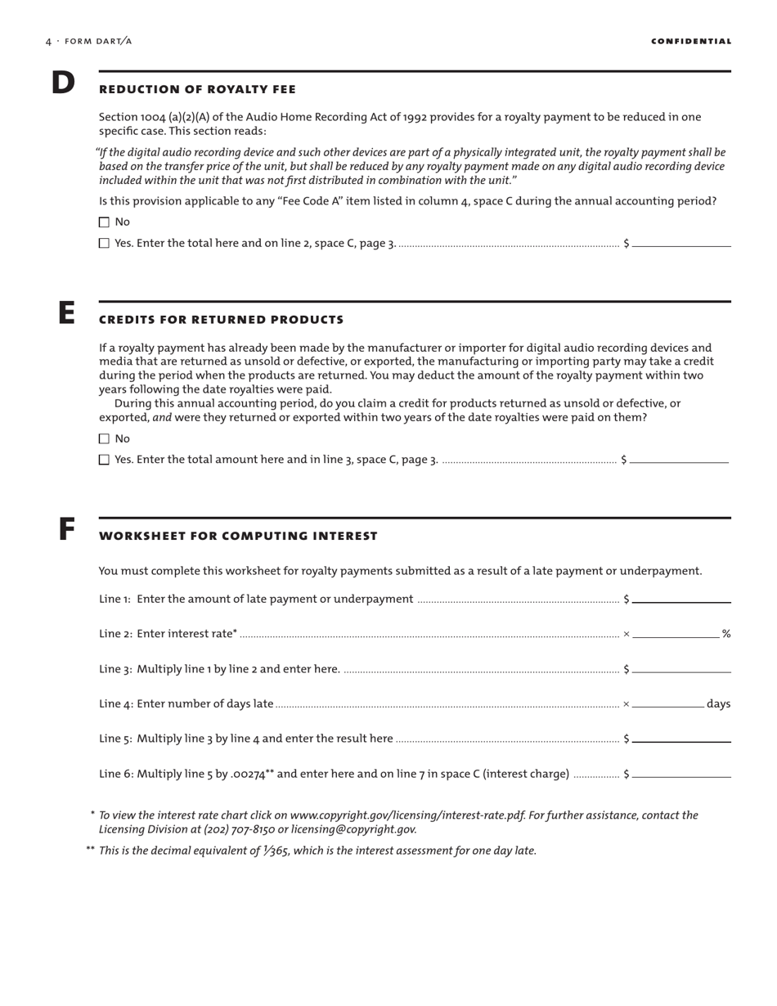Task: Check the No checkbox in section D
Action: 104,222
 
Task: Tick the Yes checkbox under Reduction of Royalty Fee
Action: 104,244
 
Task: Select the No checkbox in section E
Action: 104,439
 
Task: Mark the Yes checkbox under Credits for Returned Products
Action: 104,460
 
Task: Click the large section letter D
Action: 63,83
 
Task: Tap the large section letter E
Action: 65,313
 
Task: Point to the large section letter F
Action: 66,530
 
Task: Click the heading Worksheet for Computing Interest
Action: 238,537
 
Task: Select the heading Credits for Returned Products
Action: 221,320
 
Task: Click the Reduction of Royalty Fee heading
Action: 197,89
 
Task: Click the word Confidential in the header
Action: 691,42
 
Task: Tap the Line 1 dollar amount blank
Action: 681,599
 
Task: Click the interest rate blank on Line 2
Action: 676,633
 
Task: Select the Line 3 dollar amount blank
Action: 681,668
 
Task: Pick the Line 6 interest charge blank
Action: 681,773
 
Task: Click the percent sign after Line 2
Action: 725,634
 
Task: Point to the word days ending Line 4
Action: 718,703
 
